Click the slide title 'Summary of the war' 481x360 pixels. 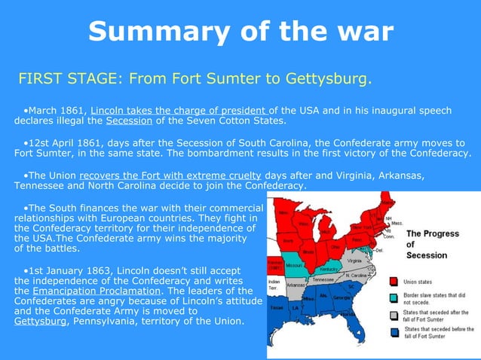(240, 32)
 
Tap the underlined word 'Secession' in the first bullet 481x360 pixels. (129, 121)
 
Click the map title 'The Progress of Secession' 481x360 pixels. (432, 244)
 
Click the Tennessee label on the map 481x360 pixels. (324, 279)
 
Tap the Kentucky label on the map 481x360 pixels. (330, 269)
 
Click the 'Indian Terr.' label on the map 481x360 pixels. (274, 285)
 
